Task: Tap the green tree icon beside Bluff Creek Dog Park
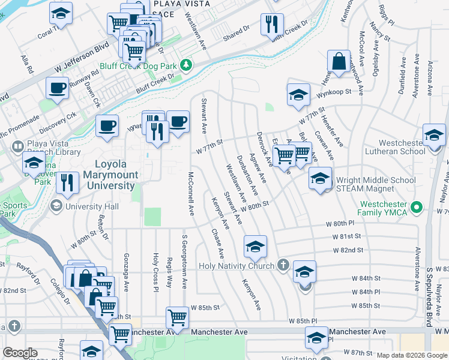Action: [x=187, y=64]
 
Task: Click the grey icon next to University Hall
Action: [x=56, y=206]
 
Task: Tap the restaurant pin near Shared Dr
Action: [x=272, y=24]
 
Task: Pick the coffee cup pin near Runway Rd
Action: [x=58, y=88]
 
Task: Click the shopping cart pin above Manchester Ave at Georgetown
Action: [x=177, y=316]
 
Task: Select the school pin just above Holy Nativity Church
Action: [x=255, y=245]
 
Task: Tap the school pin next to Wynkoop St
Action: [x=298, y=95]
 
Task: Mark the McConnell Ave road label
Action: [x=190, y=194]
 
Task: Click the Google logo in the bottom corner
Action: [x=20, y=353]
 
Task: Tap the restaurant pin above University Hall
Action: [x=68, y=181]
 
